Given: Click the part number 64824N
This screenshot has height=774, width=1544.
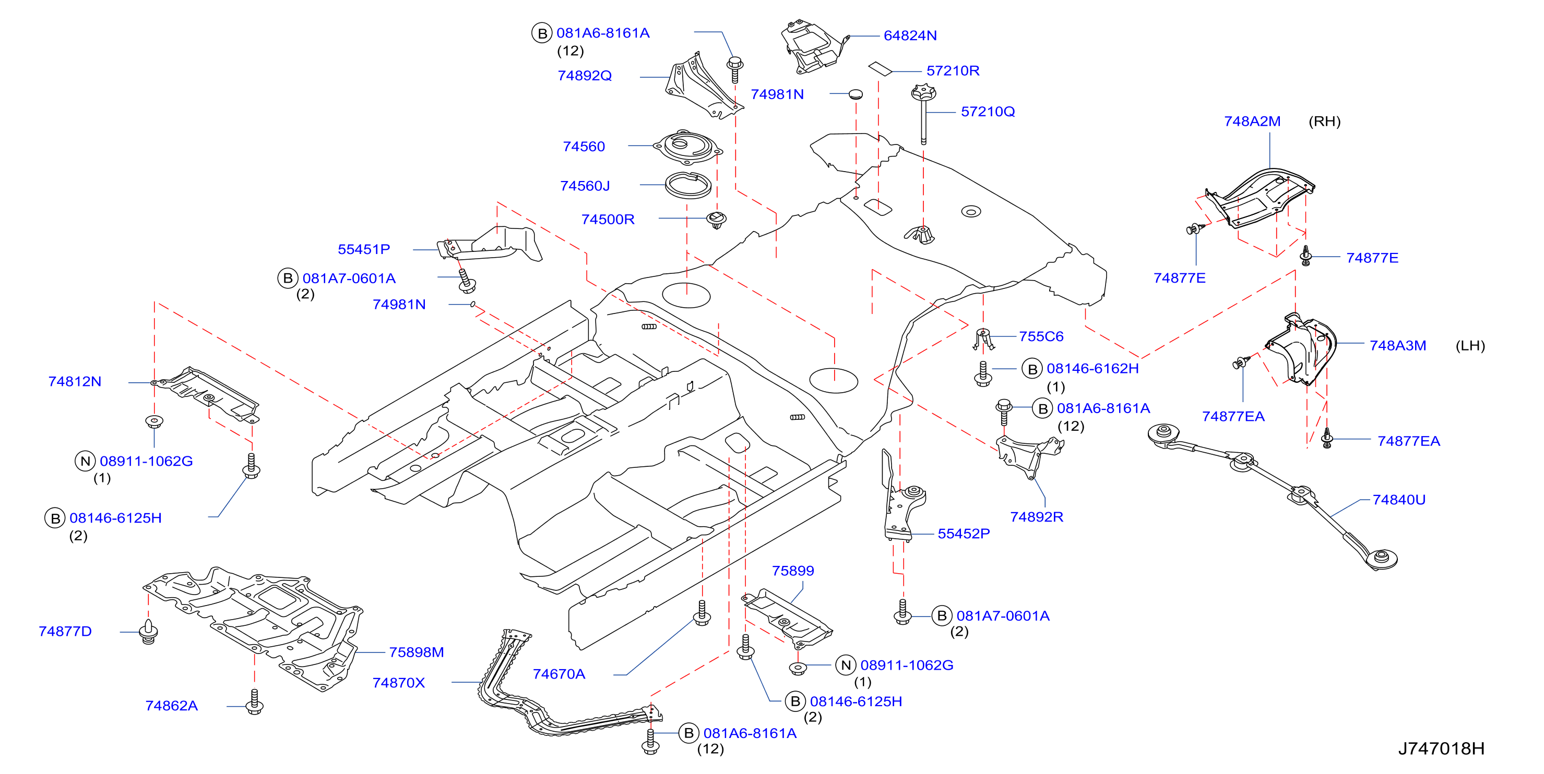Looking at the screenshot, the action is [x=910, y=35].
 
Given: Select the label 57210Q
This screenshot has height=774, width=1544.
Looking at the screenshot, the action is [x=988, y=112].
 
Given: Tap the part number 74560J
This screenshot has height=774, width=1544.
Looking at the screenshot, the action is [x=585, y=186].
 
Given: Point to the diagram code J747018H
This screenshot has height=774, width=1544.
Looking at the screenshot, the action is [x=1441, y=748].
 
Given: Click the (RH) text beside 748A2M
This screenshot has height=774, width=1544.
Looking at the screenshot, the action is [x=1325, y=122].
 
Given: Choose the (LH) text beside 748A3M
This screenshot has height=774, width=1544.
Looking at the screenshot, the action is [x=1470, y=346].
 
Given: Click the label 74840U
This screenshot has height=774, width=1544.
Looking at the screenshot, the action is [x=1399, y=500].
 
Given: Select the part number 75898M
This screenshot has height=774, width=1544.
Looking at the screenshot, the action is [x=417, y=652].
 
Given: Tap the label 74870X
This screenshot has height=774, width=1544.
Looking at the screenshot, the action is [x=399, y=682].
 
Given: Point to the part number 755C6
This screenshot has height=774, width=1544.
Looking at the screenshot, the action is [x=1041, y=336].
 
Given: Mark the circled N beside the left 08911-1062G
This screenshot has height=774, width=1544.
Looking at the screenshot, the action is [x=85, y=461].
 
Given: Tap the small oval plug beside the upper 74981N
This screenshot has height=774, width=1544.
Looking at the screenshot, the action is [x=856, y=94].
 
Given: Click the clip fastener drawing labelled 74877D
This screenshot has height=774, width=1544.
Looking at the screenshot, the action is [x=148, y=632].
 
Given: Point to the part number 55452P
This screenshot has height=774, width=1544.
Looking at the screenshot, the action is [x=964, y=533].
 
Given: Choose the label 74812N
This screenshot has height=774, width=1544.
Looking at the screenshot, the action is [x=75, y=381].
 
